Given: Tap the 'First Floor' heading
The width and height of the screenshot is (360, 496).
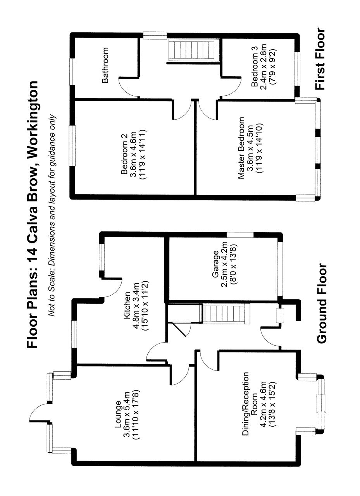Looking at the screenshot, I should coord(320,59).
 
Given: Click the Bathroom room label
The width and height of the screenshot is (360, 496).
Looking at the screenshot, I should coord(105,65).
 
